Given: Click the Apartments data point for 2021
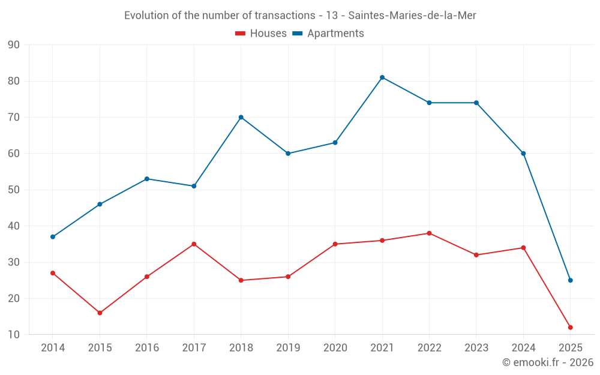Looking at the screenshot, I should (382, 77).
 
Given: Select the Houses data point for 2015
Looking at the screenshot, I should (100, 313).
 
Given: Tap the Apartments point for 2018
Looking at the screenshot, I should (241, 117).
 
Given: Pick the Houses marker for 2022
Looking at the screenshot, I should (429, 233).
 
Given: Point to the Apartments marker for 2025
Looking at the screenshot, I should (571, 280).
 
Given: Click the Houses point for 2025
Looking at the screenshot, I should (571, 328).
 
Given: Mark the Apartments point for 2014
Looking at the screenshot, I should (53, 237).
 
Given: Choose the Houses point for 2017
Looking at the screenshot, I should (194, 244).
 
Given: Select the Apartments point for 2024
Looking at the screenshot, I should (523, 154).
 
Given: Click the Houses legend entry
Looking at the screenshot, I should (261, 34).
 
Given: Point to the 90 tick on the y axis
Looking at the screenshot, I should (14, 45).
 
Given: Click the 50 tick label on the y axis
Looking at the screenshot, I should (14, 190).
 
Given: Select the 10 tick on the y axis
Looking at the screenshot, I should (14, 335).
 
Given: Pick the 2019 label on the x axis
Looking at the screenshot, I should (288, 348).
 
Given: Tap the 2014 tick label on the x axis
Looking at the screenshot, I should (53, 348).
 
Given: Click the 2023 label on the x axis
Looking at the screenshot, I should (476, 348).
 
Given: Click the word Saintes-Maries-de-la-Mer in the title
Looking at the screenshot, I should (412, 16).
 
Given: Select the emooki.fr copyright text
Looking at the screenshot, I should (548, 362).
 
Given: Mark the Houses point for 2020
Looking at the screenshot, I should (335, 244).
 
